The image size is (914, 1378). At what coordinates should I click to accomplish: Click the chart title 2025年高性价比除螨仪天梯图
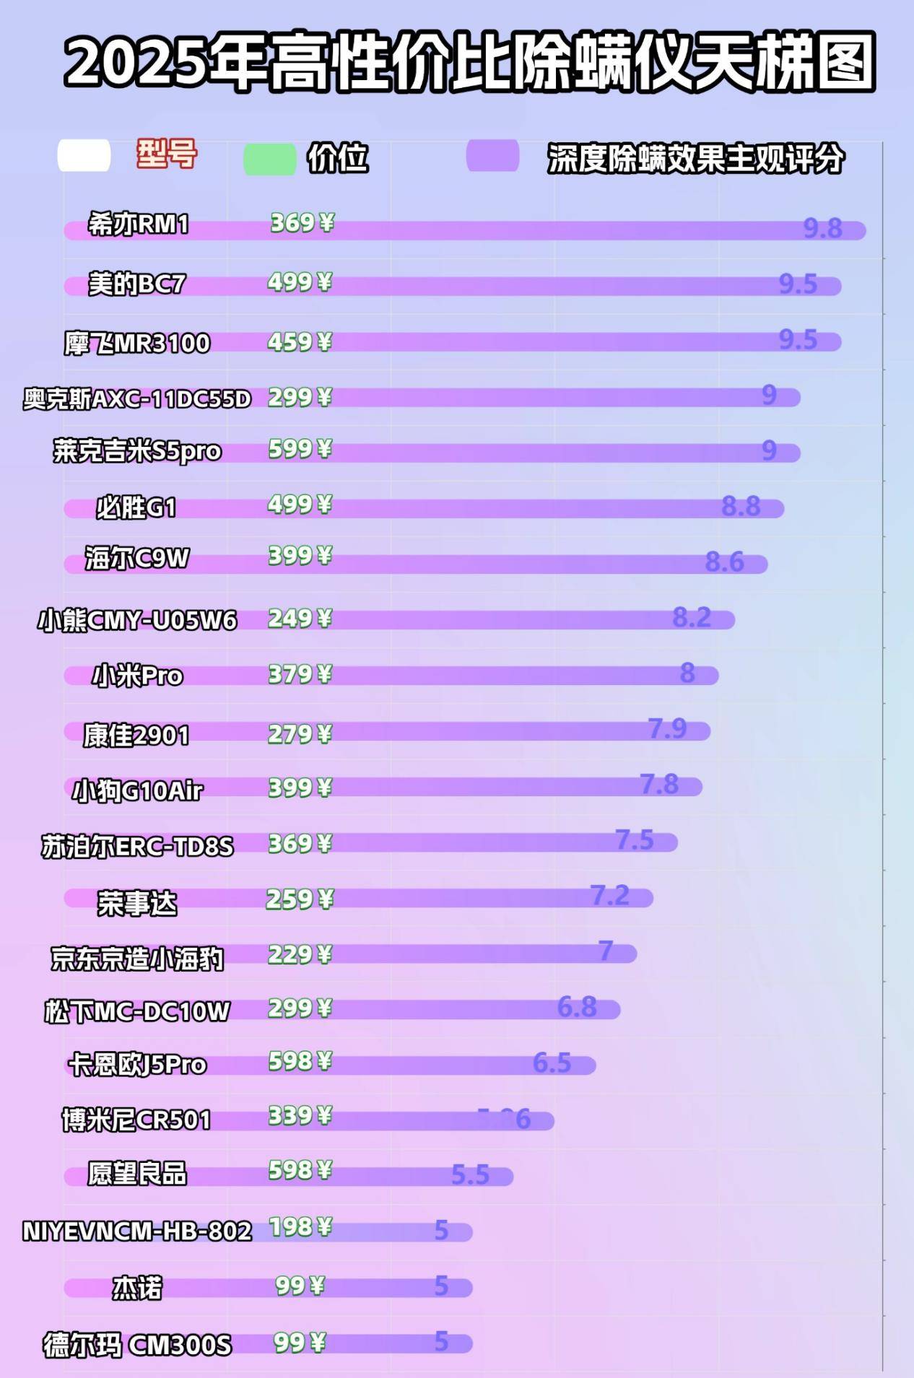[x=469, y=61]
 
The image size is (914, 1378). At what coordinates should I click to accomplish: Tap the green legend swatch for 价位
[x=269, y=159]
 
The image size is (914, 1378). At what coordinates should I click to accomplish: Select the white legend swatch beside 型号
[x=84, y=156]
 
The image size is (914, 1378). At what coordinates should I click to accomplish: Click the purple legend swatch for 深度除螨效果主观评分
[x=492, y=156]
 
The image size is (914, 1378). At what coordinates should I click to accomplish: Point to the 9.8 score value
[x=822, y=229]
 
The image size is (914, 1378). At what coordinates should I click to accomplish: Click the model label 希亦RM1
[x=138, y=224]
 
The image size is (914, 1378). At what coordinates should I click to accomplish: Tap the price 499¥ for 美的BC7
[x=300, y=282]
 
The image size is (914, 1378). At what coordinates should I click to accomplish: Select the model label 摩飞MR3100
[x=137, y=343]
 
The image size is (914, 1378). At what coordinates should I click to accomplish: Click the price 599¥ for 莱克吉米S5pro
[x=300, y=449]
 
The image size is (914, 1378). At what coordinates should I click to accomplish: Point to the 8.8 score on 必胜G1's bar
[x=741, y=506]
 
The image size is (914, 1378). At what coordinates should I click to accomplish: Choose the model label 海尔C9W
[x=137, y=559]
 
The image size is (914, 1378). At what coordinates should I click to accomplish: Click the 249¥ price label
[x=300, y=619]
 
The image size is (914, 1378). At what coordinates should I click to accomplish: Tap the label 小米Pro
[x=137, y=676]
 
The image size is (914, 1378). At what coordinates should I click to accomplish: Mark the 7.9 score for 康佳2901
[x=667, y=728]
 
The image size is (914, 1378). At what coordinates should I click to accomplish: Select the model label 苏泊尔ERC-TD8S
[x=137, y=846]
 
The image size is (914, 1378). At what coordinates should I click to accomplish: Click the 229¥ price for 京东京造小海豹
[x=300, y=954]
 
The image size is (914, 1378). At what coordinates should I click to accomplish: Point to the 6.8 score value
[x=577, y=1006]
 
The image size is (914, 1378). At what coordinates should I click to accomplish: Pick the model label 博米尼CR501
[x=137, y=1120]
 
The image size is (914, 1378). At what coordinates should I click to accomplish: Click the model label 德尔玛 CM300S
[x=137, y=1346]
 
